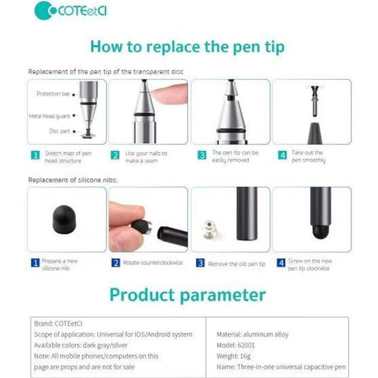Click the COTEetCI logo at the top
pos(71,11)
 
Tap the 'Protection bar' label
pos(53,94)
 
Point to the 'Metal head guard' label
pos(49,116)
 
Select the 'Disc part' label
pos(59,131)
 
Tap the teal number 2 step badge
pos(115,155)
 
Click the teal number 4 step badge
pos(282,155)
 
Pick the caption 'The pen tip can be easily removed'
pos(235,156)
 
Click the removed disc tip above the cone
pos(314,100)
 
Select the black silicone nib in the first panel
pos(64,220)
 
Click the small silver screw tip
pos(210,229)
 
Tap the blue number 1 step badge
pos(35,263)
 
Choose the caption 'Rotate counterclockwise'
pos(153,263)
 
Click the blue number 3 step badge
pos(200,263)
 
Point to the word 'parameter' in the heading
pos(223,295)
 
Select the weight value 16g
pos(244,356)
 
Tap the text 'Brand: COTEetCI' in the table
pos(58,324)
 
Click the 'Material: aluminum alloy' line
pos(253,334)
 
